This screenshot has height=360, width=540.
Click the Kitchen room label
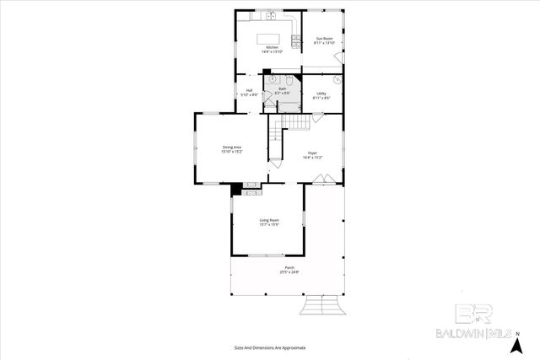click(271, 47)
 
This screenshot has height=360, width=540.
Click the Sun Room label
click(324, 39)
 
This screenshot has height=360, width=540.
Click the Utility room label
click(321, 94)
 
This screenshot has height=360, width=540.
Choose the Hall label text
click(250, 90)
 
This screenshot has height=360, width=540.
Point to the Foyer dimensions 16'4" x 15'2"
click(312, 158)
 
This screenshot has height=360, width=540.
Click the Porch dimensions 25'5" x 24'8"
click(289, 271)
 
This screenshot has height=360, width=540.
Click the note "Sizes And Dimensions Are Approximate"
click(269, 347)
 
